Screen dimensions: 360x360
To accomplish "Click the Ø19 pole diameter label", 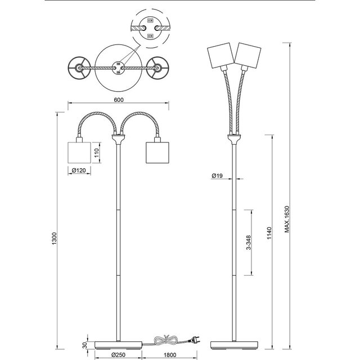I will (218, 176).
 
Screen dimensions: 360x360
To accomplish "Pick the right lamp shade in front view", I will (157, 152).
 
